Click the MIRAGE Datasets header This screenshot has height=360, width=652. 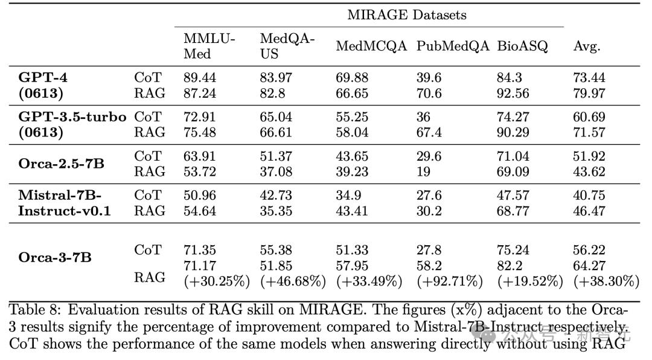(x=406, y=15)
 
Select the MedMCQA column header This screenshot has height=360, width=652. (x=371, y=47)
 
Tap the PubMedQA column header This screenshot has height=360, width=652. (x=452, y=47)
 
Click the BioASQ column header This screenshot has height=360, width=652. (x=522, y=47)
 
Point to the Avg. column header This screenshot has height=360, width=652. (x=586, y=47)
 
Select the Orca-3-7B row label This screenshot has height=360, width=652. (x=55, y=257)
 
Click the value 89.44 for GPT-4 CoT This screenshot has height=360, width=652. (x=200, y=78)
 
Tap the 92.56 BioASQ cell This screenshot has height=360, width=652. (x=513, y=94)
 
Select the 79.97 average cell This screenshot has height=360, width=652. (x=589, y=94)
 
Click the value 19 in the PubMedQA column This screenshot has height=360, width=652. (x=423, y=172)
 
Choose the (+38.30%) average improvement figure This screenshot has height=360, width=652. (x=606, y=281)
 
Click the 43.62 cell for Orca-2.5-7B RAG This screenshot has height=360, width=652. (x=589, y=172)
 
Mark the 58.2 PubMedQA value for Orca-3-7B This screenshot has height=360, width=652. (x=429, y=266)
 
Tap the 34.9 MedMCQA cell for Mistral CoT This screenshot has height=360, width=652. (x=348, y=195)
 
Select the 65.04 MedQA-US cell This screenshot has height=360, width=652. (x=276, y=117)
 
